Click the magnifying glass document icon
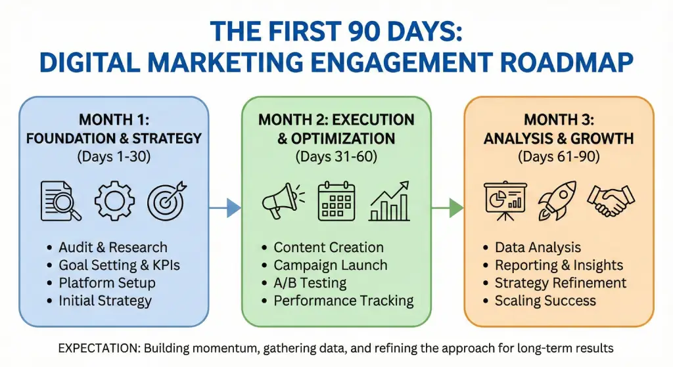click(60, 201)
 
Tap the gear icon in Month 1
click(114, 201)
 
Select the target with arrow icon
click(167, 201)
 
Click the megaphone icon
click(283, 201)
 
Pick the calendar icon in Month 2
click(336, 201)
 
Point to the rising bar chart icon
click(389, 201)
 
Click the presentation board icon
click(505, 201)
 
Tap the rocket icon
click(557, 200)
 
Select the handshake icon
click(611, 200)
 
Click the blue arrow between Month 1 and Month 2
click(225, 208)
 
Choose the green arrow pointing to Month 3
click(447, 208)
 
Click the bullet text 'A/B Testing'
click(310, 283)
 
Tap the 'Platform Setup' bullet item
click(107, 283)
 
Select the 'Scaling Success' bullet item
click(545, 301)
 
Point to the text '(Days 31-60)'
click(336, 156)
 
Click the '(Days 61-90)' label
click(559, 156)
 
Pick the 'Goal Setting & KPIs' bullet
click(120, 265)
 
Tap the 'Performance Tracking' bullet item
click(343, 301)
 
